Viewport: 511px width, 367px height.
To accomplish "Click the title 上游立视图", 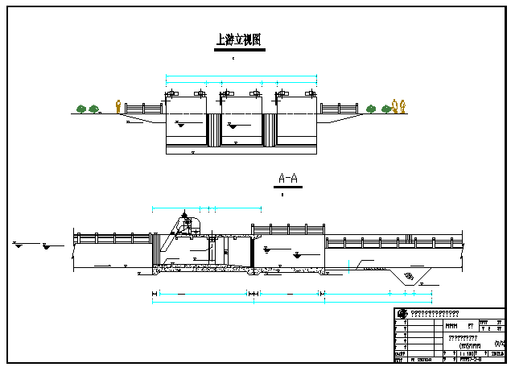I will [239, 39].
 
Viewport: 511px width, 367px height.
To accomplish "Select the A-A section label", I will [287, 178].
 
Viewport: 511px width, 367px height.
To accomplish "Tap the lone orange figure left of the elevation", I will [119, 106].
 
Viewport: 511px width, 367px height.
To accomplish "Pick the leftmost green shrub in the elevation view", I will [81, 109].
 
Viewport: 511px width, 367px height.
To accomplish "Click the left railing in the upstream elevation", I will [143, 108].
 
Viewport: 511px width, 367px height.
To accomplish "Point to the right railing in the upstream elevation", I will [339, 108].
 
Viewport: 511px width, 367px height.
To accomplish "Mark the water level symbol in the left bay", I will [179, 124].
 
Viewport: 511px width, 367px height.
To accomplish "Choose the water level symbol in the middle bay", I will [233, 126].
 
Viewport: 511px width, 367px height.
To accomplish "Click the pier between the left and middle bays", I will [214, 130].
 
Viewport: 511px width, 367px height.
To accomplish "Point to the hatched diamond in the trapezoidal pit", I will [409, 277].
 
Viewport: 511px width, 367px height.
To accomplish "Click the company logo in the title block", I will [402, 314].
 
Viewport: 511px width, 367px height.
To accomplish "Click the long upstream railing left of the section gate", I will [113, 238].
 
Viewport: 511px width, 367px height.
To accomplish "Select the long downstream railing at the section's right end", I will [394, 241].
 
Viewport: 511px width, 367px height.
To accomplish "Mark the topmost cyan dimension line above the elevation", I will [241, 76].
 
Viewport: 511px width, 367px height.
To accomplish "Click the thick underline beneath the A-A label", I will [287, 187].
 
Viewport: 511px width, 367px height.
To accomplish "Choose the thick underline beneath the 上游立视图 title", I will [239, 50].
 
